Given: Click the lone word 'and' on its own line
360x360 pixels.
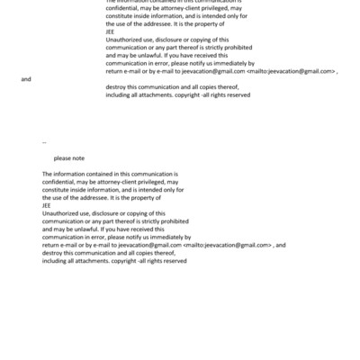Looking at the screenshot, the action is [26, 79].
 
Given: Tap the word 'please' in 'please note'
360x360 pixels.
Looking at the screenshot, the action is [62, 158].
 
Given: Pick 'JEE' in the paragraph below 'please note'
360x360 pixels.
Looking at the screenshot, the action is [47, 205].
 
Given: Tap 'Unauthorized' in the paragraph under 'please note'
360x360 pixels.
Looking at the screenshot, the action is [60, 213].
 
